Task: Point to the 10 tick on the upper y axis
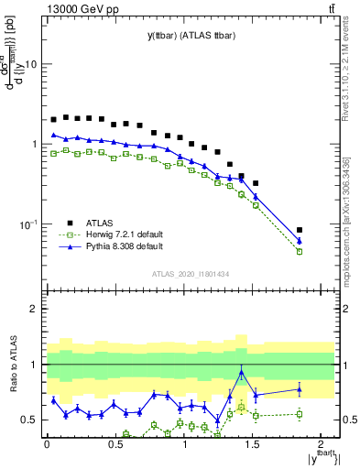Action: tap(31, 65)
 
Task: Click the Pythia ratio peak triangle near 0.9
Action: tap(241, 373)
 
